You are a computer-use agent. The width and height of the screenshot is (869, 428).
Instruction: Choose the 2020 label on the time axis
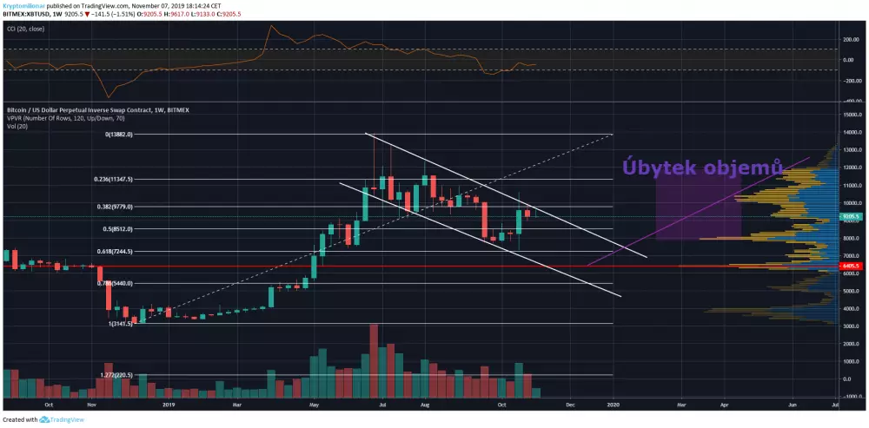614,405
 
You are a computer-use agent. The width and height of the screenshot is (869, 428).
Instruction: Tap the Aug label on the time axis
424,405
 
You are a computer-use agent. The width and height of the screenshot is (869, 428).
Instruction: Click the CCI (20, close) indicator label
25,29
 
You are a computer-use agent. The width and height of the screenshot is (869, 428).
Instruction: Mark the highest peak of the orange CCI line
273,25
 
